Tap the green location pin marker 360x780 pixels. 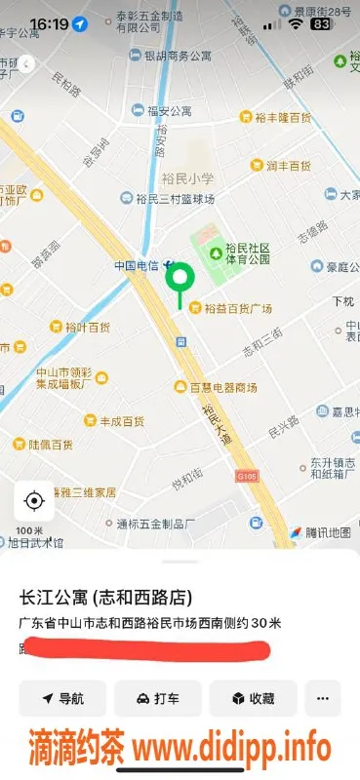[179, 279]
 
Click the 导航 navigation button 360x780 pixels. [61, 698]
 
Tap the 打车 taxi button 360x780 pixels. [157, 698]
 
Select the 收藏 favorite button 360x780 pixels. [252, 698]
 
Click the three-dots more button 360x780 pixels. [323, 698]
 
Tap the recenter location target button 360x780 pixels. [34, 501]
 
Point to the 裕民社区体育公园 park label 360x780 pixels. [247, 254]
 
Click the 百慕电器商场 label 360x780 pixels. [222, 387]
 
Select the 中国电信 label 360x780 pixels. [137, 265]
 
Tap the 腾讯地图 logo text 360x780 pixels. [327, 532]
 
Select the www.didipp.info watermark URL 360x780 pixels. [232, 749]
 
